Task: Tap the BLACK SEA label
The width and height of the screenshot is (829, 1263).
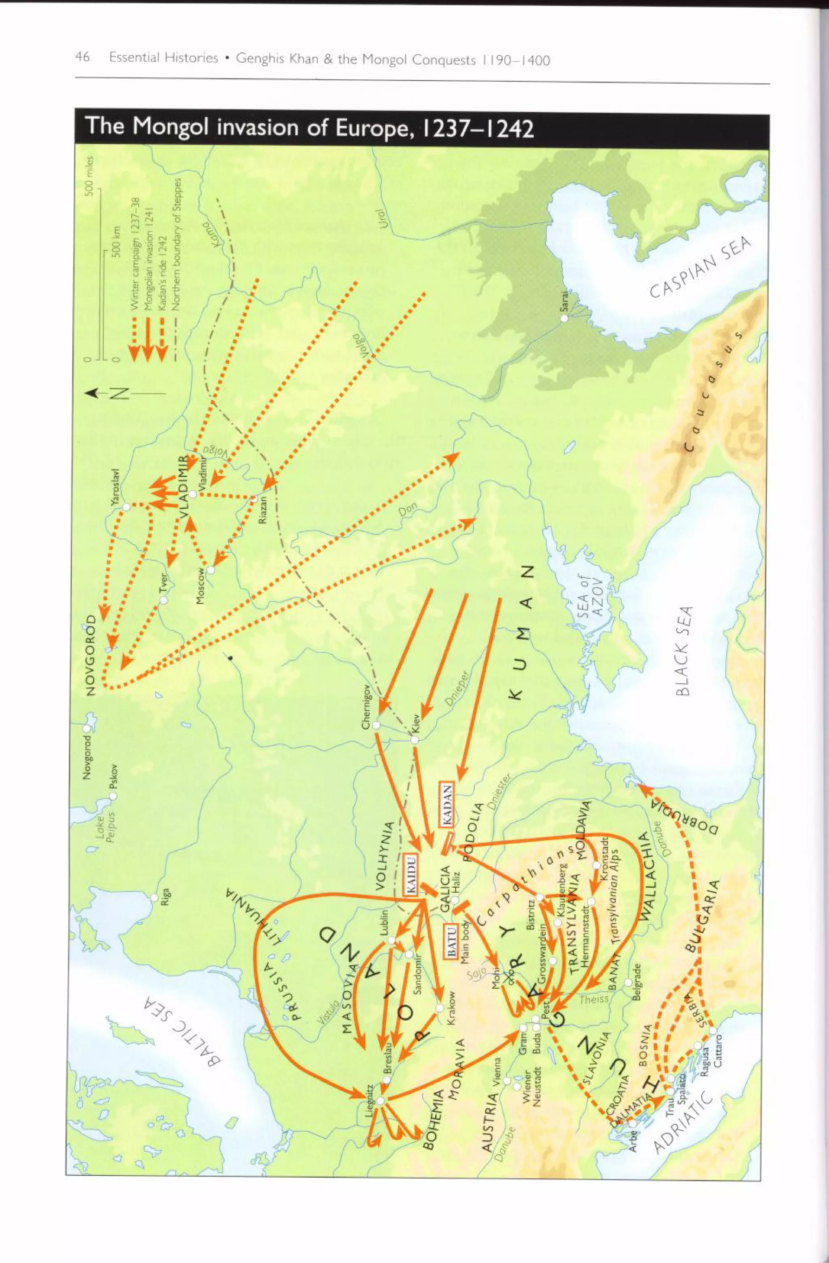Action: [x=684, y=651]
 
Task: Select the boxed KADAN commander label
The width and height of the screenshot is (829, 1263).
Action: [x=446, y=804]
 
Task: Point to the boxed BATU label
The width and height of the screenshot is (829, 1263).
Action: [x=451, y=940]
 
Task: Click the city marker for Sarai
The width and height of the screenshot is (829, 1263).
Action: [x=565, y=318]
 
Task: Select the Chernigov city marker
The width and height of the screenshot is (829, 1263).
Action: [x=376, y=725]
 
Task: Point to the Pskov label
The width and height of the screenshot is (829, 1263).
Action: [x=113, y=780]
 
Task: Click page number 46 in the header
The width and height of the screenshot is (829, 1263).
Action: [x=82, y=57]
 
